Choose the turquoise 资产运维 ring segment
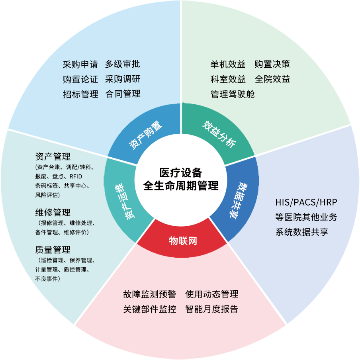pyautogui.click(x=124, y=202)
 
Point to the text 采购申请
pyautogui.click(x=80, y=64)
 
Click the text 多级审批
pyautogui.click(x=123, y=64)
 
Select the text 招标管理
pyautogui.click(x=80, y=94)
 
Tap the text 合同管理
pyautogui.click(x=123, y=94)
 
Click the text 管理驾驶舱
pyautogui.click(x=233, y=94)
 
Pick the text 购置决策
pyautogui.click(x=272, y=64)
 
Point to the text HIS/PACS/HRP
pyautogui.click(x=306, y=202)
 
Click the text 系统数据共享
pyautogui.click(x=301, y=232)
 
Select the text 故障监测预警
pyautogui.click(x=149, y=295)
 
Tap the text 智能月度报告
pyautogui.click(x=211, y=309)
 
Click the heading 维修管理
pyautogui.click(x=53, y=212)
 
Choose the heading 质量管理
pyautogui.click(x=53, y=250)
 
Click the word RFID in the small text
pyautogui.click(x=76, y=176)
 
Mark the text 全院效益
pyautogui.click(x=272, y=79)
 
